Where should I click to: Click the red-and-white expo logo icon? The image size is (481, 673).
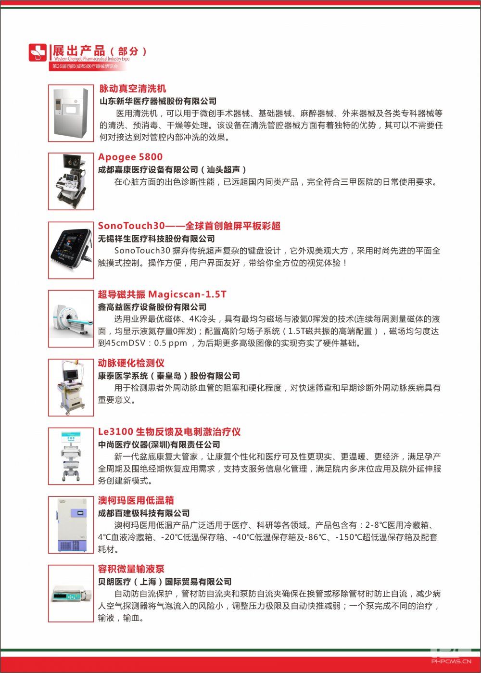(x=38, y=52)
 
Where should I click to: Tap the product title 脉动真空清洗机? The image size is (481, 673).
(x=132, y=89)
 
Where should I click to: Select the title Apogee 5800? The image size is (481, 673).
(x=130, y=157)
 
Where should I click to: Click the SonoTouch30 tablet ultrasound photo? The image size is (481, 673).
(x=71, y=250)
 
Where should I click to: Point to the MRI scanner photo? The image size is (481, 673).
(x=71, y=318)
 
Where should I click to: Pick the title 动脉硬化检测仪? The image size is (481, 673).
(x=131, y=363)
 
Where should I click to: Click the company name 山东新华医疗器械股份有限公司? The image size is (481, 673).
(x=158, y=101)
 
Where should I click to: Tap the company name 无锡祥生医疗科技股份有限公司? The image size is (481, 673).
(x=156, y=239)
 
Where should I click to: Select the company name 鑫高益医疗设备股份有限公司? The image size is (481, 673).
(x=152, y=307)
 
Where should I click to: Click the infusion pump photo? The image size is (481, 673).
(x=71, y=594)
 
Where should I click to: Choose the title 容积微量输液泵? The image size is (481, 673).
(x=131, y=569)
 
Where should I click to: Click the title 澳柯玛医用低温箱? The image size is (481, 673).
(x=136, y=500)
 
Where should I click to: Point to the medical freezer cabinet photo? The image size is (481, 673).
(x=71, y=525)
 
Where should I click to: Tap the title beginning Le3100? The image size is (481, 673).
(x=169, y=432)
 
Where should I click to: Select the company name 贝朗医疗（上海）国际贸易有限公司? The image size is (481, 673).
(x=165, y=582)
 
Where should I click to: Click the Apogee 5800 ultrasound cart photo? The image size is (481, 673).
(x=71, y=181)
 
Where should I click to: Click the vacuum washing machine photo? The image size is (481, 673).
(x=71, y=113)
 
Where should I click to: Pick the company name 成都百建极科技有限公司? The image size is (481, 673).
(x=144, y=513)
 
